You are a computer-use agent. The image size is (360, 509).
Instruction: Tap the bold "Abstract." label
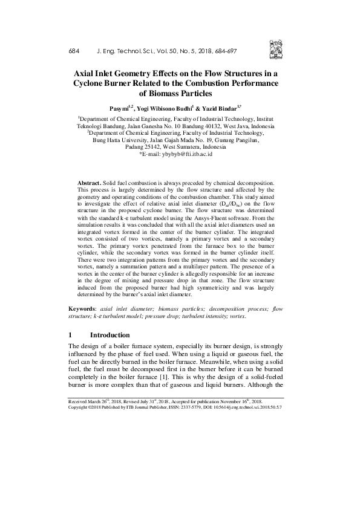click(90, 182)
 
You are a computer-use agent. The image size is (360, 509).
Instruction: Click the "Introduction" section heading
click(110, 335)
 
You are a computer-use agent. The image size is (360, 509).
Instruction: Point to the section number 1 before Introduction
click(71, 335)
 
